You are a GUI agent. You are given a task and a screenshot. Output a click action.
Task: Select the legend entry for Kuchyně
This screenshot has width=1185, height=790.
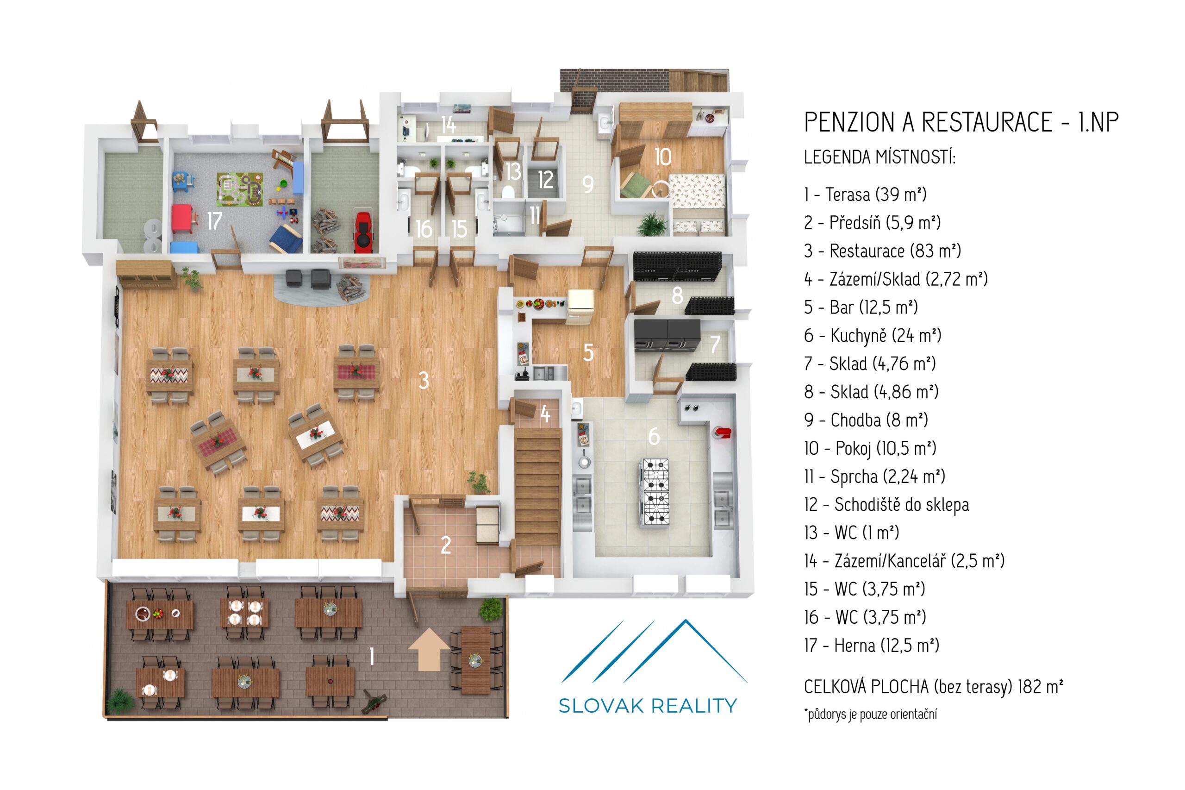coord(872,336)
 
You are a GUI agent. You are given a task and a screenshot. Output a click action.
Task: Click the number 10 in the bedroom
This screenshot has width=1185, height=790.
coord(662,157)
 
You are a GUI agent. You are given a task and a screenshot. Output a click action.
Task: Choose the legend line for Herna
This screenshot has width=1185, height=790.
coord(871,646)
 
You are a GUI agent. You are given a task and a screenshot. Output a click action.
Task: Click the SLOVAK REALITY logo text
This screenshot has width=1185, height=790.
coord(648,706)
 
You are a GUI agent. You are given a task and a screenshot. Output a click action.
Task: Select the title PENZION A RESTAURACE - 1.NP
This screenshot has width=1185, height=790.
coord(961,122)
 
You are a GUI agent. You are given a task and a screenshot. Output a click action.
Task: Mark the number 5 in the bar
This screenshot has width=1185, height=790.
coord(588,353)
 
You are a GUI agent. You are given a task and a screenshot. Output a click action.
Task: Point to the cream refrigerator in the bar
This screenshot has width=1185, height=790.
coord(580,307)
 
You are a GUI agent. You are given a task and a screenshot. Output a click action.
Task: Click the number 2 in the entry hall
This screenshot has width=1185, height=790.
coord(446,545)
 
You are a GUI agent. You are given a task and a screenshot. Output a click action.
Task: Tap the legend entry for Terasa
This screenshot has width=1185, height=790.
coord(865,194)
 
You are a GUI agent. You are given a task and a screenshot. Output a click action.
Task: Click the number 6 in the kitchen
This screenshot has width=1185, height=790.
coord(653,436)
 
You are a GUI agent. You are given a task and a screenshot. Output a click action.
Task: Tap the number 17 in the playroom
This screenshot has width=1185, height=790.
coord(214,221)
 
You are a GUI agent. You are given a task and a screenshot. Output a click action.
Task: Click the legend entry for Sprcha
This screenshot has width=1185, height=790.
coord(874,477)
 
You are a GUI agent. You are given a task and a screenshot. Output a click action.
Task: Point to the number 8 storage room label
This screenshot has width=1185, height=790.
coord(677,296)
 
